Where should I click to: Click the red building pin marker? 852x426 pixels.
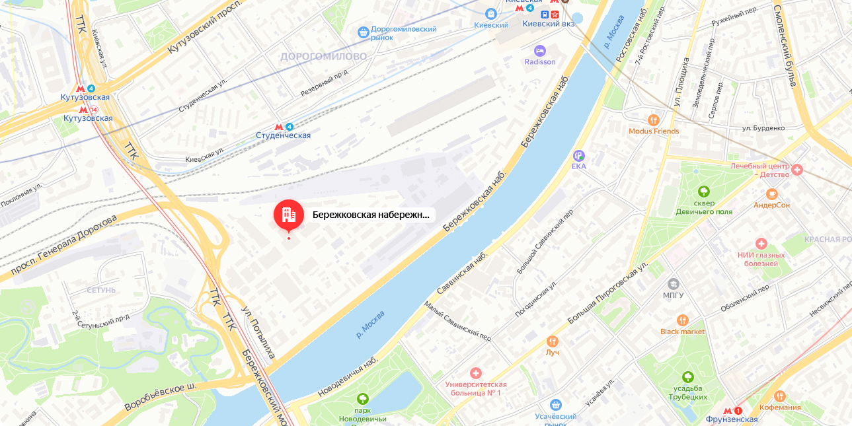coord(289,214)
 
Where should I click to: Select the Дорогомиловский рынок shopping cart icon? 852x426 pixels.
coord(363,32)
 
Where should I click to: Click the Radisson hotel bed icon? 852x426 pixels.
coord(540,50)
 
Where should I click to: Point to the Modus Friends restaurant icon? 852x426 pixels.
coord(654,120)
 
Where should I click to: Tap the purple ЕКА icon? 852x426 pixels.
coord(579,155)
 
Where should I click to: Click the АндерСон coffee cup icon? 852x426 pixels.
coord(771,194)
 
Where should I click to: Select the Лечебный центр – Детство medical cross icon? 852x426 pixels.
coord(797,170)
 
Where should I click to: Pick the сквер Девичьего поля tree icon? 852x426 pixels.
coord(704,192)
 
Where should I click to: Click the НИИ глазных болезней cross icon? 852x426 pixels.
coord(761,243)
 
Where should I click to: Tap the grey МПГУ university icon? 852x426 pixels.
coord(673,283)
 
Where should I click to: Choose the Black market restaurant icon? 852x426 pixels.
coord(683,320)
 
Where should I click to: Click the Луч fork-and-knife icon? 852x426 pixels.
coord(553,341)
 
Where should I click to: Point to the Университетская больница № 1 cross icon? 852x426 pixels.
coord(475,373)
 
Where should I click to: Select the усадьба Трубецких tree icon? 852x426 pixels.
coord(687,377)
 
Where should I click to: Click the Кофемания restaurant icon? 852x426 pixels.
coord(780,396)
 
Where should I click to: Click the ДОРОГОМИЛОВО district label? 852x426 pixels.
coord(323,57)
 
